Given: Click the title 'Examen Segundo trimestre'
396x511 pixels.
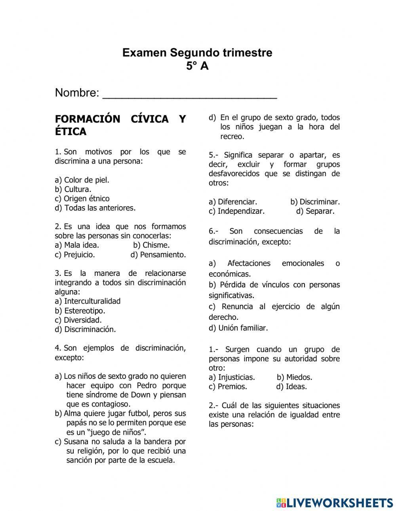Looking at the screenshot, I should point(197,53).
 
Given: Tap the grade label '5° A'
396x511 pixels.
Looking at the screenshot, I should point(197,66).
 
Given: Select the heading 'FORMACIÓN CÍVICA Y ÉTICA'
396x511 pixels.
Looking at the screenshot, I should point(120,125).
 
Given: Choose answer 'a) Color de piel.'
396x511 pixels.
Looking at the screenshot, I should point(82,180).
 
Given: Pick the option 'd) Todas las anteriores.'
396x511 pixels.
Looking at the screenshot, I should point(95,208).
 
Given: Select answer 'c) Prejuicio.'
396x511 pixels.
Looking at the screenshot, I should point(75,255).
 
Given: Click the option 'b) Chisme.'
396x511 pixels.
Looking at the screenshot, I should point(151,245).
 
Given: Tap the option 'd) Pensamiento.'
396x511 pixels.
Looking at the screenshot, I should point(158,255).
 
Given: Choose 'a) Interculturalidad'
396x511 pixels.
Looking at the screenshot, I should point(88,301).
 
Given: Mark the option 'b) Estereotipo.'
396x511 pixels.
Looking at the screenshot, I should point(80,311).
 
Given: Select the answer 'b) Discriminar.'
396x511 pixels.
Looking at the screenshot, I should point(315,202).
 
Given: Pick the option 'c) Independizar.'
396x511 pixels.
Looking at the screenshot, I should point(236,211).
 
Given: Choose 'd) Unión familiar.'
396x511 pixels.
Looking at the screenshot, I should point(238,328).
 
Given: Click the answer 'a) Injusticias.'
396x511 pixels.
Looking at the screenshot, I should point(232,377).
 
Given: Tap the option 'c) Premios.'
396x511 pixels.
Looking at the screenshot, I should point(228,387).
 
